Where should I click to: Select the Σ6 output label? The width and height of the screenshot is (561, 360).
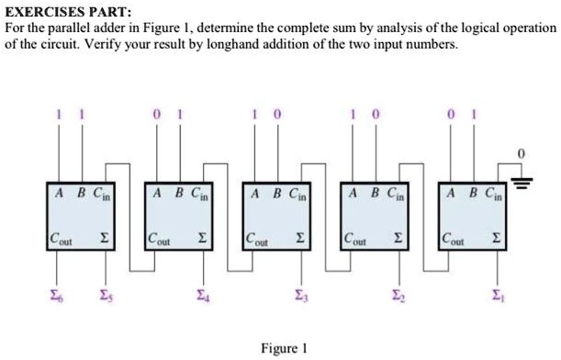[x=57, y=293]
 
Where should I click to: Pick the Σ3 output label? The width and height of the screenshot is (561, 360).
[x=301, y=293]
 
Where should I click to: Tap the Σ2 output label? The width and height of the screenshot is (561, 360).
[x=398, y=293]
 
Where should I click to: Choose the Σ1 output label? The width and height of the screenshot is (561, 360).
[x=497, y=293]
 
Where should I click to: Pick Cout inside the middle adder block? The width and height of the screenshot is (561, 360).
[x=258, y=241]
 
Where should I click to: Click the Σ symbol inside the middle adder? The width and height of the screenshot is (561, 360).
[x=300, y=241]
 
